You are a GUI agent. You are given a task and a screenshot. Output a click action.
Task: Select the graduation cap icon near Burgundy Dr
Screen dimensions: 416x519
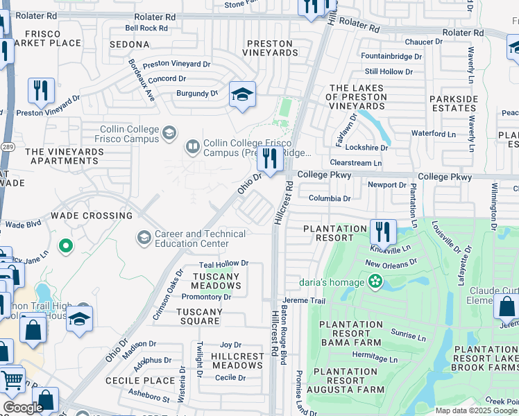tap(242, 95)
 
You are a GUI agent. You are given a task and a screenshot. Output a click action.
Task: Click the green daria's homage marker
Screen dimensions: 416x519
tap(375, 281)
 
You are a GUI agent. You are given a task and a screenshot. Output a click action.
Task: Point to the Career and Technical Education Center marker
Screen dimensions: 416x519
tap(144, 239)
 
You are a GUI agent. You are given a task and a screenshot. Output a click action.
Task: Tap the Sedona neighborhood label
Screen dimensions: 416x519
tap(130, 44)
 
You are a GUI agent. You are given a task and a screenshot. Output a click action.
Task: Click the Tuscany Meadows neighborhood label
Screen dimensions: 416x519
tap(216, 281)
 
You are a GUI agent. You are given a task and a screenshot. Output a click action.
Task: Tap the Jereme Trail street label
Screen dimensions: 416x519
tap(303, 301)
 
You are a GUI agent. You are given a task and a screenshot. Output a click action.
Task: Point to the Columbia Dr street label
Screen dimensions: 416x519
tap(330, 198)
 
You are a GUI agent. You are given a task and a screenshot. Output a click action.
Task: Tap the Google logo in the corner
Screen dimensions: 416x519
tap(22, 408)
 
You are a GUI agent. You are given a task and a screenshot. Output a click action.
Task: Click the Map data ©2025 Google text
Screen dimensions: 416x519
tap(475, 410)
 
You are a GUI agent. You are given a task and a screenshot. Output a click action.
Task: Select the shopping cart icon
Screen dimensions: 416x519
tap(12, 379)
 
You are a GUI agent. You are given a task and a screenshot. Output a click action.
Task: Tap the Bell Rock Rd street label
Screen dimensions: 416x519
tap(146, 28)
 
